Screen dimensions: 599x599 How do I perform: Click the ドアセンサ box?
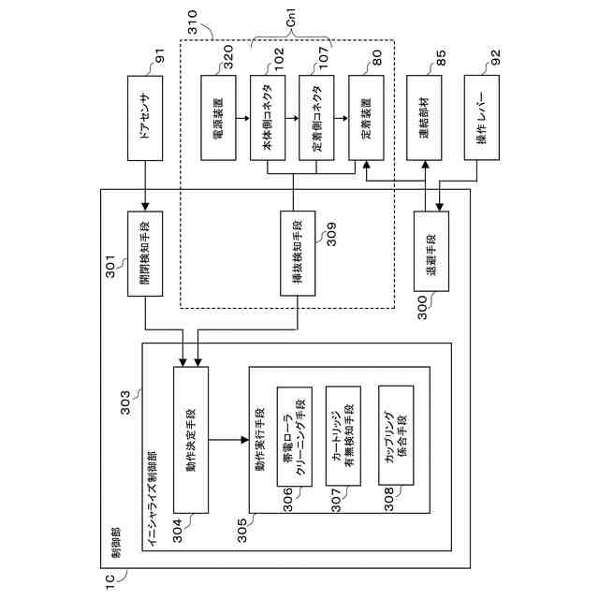(145, 118)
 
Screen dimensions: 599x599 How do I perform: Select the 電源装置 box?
(218, 118)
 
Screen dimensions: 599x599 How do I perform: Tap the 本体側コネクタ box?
(268, 118)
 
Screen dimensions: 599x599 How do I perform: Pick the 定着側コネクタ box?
(316, 118)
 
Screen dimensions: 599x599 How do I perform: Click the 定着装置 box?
(366, 118)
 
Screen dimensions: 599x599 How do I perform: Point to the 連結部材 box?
(424, 118)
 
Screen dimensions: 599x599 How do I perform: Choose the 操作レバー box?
(482, 117)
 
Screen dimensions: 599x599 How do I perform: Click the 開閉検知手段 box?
(145, 254)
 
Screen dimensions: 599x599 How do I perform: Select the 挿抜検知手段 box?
(298, 254)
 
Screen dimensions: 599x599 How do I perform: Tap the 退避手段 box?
(431, 252)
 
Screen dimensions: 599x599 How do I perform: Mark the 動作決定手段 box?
(191, 440)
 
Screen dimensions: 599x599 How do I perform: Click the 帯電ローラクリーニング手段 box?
(295, 437)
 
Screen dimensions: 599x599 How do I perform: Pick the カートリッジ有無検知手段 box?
(343, 436)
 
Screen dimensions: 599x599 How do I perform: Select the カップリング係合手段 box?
(396, 435)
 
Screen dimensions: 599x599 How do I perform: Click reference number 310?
(193, 22)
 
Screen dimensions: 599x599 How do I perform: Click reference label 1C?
(110, 582)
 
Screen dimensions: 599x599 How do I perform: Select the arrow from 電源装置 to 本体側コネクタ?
(243, 118)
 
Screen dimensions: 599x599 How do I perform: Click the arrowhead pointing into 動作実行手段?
(245, 440)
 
